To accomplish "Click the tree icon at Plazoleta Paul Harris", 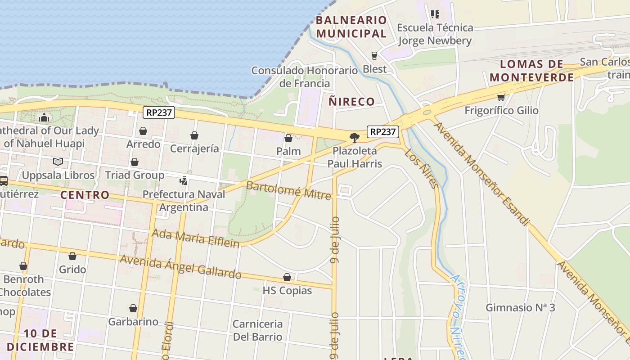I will [355, 137].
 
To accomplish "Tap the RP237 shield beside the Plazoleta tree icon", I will [383, 131].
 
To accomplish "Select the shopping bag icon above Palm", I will [288, 138].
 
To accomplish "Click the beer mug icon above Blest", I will [374, 56].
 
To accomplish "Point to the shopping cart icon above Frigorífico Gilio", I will [501, 97].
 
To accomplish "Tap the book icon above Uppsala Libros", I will [58, 162].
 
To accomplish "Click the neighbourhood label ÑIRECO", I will [351, 102].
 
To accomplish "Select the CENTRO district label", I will [85, 195].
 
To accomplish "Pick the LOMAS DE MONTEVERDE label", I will [532, 71].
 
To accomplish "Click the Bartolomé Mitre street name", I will [288, 190].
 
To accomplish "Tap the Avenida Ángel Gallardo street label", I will [180, 266].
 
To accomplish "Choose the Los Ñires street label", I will [422, 169].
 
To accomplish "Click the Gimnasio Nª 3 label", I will [520, 308].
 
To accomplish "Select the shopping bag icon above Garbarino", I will [133, 308].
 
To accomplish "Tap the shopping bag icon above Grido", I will [72, 256].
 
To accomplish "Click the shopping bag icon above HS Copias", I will [287, 277].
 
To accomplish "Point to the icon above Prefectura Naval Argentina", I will [183, 181].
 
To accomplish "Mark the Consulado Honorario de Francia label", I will [305, 77].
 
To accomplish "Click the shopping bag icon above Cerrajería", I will [194, 135].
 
